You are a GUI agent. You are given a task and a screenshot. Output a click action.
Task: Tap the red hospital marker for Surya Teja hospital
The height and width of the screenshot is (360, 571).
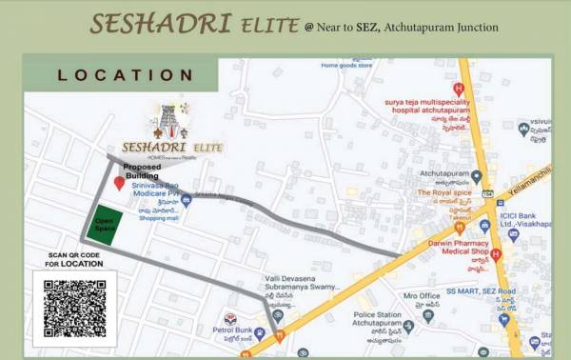tap(458, 89)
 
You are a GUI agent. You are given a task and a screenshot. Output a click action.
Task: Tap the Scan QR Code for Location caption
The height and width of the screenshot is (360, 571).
tap(75, 259)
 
